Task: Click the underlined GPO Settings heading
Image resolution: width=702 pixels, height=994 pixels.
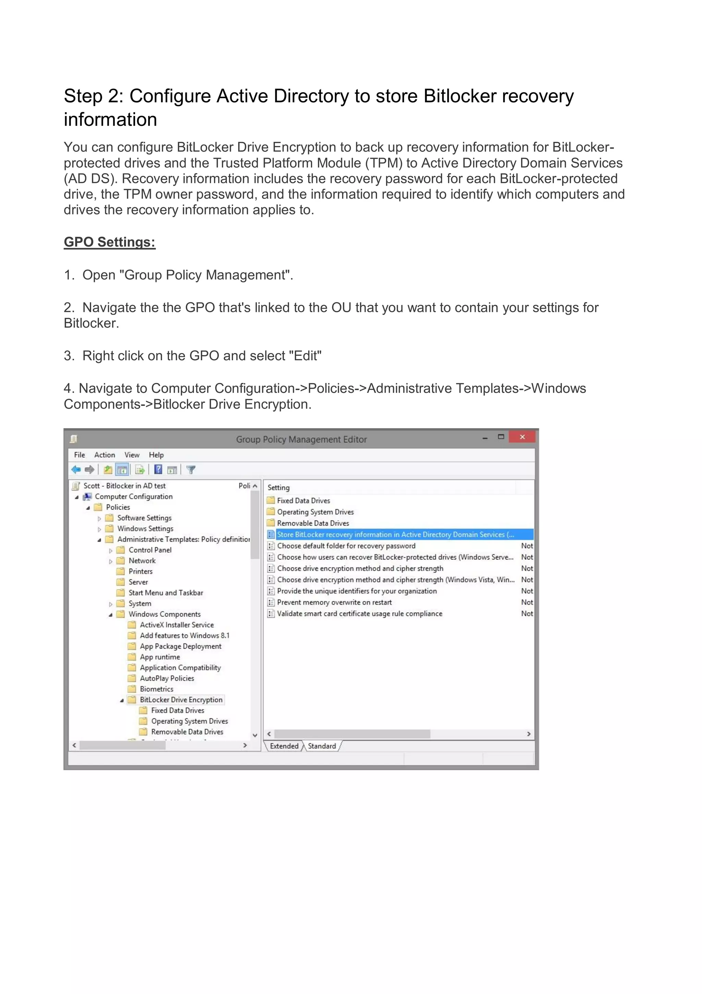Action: (x=109, y=242)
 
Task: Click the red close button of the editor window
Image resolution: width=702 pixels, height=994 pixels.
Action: (x=522, y=437)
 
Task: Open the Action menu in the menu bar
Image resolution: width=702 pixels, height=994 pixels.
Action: (x=104, y=455)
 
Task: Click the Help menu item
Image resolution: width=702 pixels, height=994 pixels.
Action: (x=156, y=455)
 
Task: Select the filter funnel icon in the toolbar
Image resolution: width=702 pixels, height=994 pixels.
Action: (x=191, y=469)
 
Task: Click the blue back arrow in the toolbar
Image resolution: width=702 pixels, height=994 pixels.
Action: (x=76, y=469)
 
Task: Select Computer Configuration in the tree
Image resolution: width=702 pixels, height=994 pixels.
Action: (x=133, y=496)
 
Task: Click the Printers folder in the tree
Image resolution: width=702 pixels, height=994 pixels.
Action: (x=140, y=572)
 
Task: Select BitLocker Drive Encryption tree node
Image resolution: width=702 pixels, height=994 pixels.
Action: (x=181, y=700)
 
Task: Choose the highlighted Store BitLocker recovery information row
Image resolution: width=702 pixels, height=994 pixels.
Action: (x=395, y=535)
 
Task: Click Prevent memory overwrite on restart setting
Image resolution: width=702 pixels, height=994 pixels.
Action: (x=334, y=602)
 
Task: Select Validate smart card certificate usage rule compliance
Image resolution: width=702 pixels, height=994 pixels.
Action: (x=360, y=613)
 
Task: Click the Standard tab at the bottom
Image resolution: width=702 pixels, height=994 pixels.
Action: (x=322, y=746)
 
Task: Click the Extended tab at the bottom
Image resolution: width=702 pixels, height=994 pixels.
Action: (x=284, y=746)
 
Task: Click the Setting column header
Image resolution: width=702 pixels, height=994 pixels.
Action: (x=279, y=488)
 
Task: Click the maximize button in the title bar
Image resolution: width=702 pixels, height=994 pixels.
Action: (x=501, y=437)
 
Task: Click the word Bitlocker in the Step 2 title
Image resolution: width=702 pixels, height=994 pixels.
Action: (x=460, y=96)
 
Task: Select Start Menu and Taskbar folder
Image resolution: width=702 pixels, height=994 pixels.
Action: (x=165, y=593)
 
